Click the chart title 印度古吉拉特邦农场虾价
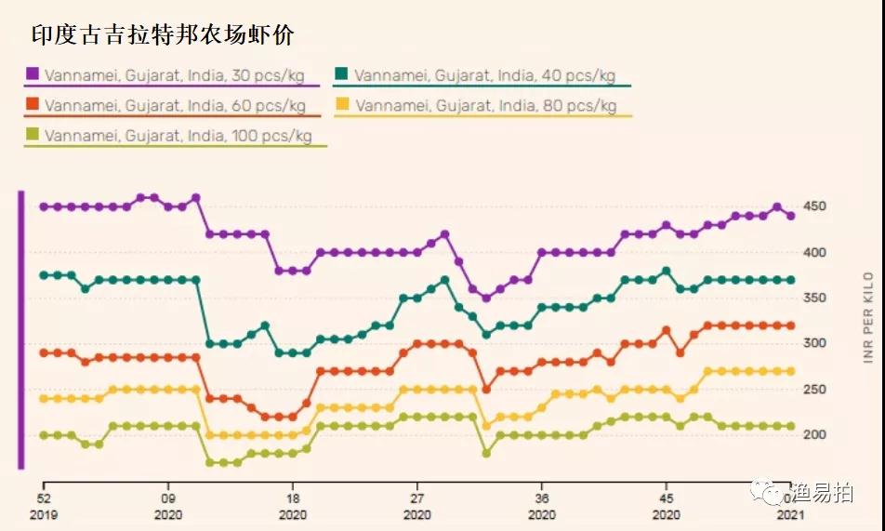coord(164,34)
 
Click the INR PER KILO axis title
coord(868,316)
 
